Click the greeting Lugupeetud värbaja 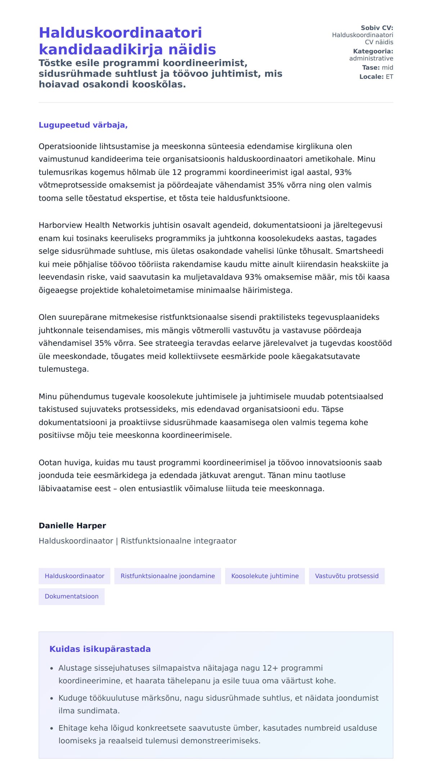pos(83,125)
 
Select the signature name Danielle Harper pos(72,525)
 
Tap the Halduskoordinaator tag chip pos(75,576)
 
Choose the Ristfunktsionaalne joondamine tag pos(168,576)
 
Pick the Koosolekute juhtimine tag pos(265,576)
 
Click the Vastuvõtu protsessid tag pos(347,576)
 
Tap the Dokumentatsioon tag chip pos(72,596)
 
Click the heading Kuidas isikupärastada pos(100,649)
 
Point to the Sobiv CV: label pos(377,28)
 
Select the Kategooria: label pos(373,51)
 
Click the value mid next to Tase pos(387,67)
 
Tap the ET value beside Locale pos(390,77)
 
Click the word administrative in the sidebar pos(371,58)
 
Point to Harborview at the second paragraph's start pos(60,225)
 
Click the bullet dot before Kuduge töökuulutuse pos(51,698)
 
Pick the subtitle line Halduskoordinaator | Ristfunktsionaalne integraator pos(138,541)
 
